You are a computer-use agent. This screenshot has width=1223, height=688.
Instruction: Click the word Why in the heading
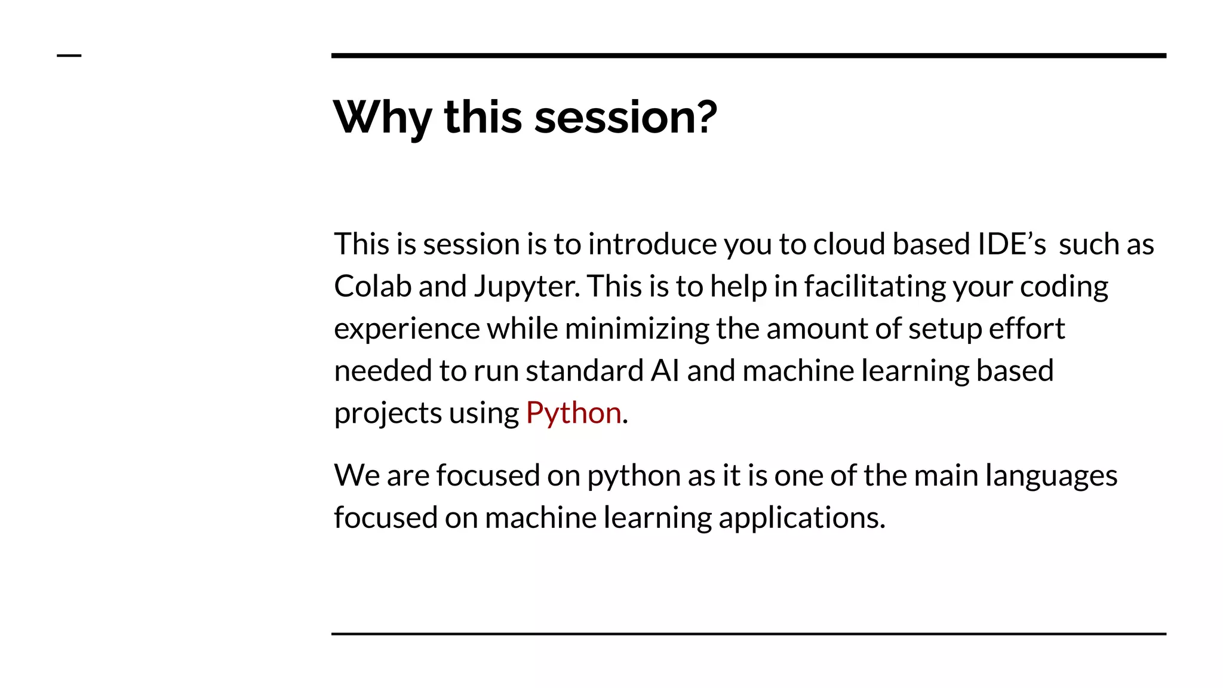click(x=382, y=117)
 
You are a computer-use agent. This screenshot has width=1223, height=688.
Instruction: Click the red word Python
click(x=573, y=413)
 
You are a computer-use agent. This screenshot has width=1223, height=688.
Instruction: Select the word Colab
click(x=372, y=286)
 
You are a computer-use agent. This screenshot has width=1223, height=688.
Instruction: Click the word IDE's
click(x=1011, y=244)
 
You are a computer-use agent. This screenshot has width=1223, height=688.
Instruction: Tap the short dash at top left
click(x=69, y=56)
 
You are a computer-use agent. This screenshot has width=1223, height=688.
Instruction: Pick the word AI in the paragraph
click(x=665, y=371)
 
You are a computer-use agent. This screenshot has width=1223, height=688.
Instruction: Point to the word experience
click(x=407, y=329)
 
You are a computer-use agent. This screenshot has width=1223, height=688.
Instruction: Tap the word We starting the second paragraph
click(x=357, y=476)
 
